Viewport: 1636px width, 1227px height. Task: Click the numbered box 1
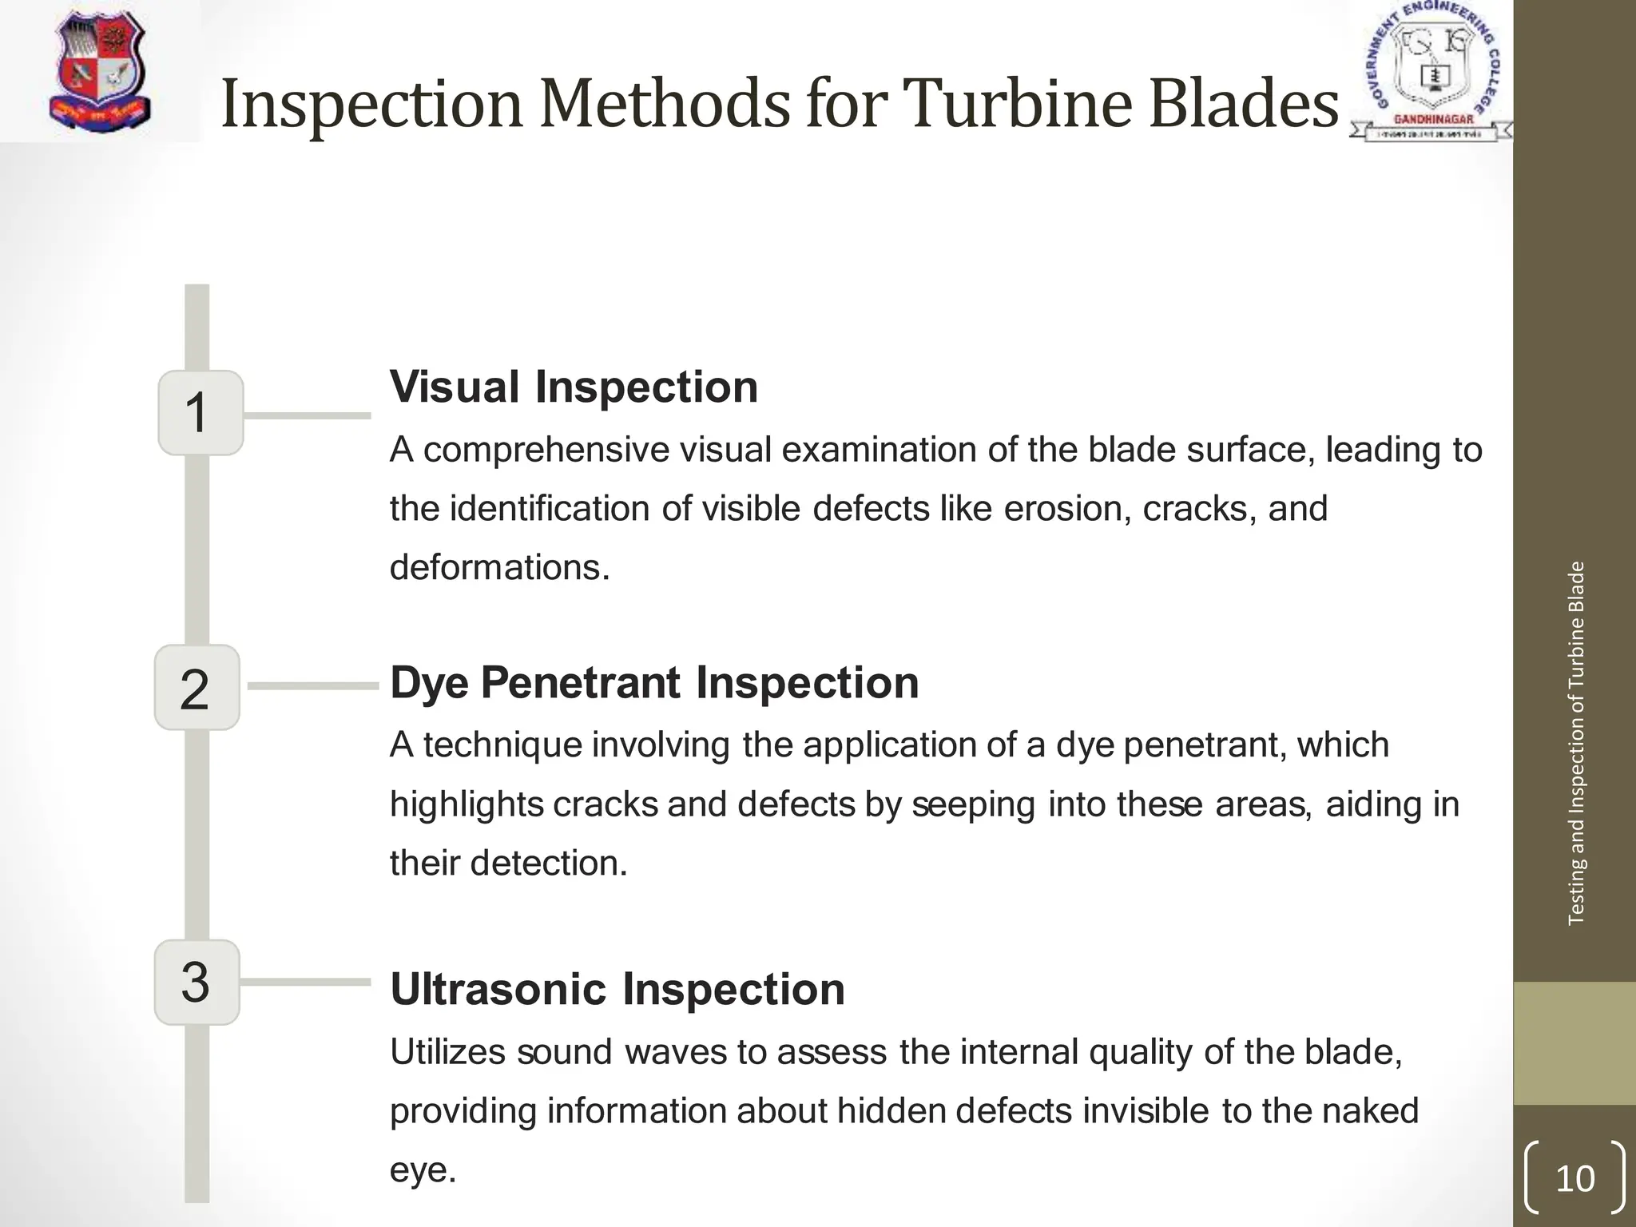click(x=201, y=413)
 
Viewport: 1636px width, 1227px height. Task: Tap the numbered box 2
click(x=197, y=688)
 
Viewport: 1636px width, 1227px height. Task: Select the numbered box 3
click(x=197, y=983)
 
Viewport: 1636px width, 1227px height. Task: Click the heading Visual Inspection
click(x=574, y=387)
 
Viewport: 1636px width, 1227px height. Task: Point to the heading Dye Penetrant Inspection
click(x=654, y=683)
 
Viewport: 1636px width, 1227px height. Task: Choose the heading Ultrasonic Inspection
click(x=617, y=989)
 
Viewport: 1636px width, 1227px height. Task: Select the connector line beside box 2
click(x=312, y=685)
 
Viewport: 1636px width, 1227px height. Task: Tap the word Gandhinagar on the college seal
click(x=1433, y=119)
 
